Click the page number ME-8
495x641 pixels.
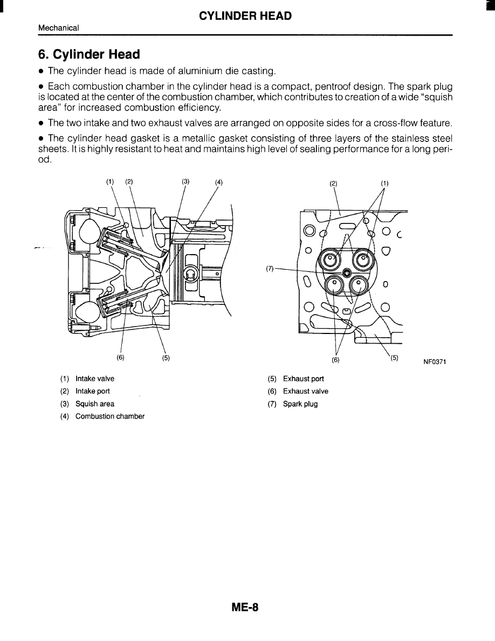click(245, 607)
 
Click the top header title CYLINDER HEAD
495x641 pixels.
click(245, 16)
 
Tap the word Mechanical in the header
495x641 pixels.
click(59, 28)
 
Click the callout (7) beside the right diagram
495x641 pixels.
click(270, 268)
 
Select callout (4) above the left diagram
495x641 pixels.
click(218, 182)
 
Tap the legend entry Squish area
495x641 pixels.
click(95, 404)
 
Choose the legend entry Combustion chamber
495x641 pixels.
click(110, 416)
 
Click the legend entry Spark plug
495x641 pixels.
click(300, 404)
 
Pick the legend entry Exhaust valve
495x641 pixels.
click(306, 391)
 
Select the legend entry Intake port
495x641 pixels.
click(93, 391)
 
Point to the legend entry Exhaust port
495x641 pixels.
click(304, 379)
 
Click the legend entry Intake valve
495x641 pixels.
click(95, 379)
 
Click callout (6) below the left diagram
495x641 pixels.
click(120, 357)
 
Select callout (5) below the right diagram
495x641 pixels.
click(394, 357)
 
